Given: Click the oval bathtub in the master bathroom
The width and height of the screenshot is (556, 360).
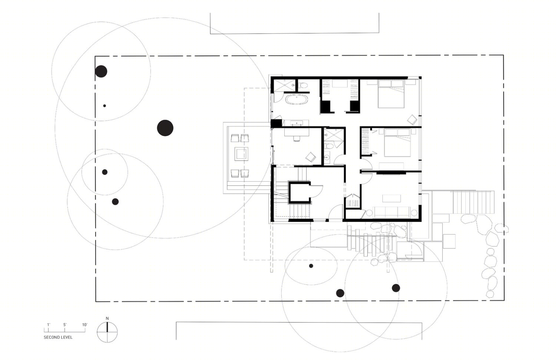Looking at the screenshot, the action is pyautogui.click(x=297, y=100).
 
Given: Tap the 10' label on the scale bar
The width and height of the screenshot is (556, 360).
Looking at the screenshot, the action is pyautogui.click(x=85, y=325).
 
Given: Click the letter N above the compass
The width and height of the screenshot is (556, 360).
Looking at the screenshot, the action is pyautogui.click(x=107, y=318).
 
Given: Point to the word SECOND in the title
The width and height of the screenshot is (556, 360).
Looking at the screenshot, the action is pyautogui.click(x=51, y=337).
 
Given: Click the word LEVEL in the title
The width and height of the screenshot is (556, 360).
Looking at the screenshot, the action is pyautogui.click(x=66, y=337).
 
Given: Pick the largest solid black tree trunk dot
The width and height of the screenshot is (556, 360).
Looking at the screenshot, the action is pyautogui.click(x=165, y=128).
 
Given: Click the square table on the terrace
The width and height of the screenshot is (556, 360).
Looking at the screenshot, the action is pyautogui.click(x=242, y=154).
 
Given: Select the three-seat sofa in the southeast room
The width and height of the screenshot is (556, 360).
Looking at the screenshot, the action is pyautogui.click(x=392, y=212).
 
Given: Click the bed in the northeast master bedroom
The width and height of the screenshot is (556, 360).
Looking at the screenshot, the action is pyautogui.click(x=391, y=94).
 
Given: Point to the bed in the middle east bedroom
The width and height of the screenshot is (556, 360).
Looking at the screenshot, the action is pyautogui.click(x=397, y=142).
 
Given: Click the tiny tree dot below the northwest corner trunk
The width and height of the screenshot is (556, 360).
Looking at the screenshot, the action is pyautogui.click(x=105, y=106).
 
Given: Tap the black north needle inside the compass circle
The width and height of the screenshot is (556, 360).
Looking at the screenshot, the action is pyautogui.click(x=107, y=327).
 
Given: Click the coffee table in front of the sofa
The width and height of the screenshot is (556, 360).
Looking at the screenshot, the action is pyautogui.click(x=391, y=199).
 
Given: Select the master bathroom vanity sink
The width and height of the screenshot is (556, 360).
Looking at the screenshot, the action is pyautogui.click(x=297, y=123).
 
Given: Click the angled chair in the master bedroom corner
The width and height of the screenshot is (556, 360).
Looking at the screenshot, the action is pyautogui.click(x=412, y=120).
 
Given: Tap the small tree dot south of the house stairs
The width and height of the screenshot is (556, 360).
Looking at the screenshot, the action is pyautogui.click(x=311, y=266).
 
